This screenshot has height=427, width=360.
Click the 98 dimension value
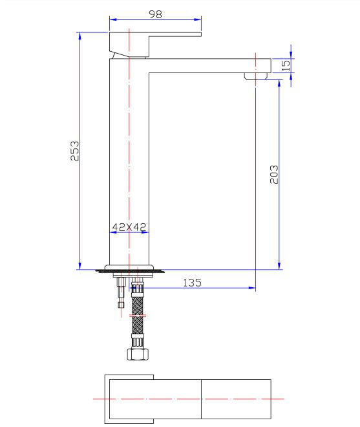(156, 14)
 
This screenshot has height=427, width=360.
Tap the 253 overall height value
(74, 151)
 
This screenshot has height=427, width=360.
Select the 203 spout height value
(274, 175)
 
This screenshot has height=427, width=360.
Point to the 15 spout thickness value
(286, 65)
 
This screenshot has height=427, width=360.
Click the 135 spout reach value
(192, 283)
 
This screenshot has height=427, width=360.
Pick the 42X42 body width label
(129, 226)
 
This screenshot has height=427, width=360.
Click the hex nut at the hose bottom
(138, 354)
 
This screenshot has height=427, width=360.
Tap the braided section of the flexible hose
(138, 315)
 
